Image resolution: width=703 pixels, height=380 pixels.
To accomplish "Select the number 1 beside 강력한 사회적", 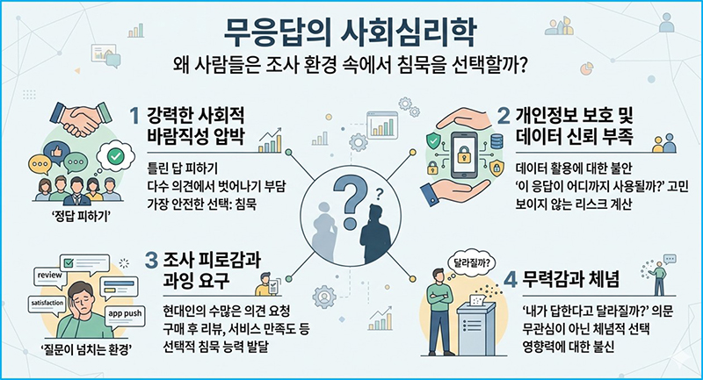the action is click(134, 117).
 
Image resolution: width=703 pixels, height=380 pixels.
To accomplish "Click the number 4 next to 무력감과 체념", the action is click(511, 280).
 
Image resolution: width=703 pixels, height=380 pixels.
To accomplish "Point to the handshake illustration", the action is click(81, 118).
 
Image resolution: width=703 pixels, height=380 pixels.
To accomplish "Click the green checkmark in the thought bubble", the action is click(116, 156).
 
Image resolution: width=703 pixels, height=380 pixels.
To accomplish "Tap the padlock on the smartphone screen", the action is click(462, 154).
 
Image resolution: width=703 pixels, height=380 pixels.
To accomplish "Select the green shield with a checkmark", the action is click(432, 140).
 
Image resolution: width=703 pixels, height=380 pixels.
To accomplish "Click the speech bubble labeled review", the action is click(50, 277).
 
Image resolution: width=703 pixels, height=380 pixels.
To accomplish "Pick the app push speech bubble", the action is click(125, 315).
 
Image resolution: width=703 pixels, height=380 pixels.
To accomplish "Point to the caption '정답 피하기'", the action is click(82, 218).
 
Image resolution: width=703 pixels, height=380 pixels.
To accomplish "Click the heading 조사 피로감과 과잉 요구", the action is click(203, 270).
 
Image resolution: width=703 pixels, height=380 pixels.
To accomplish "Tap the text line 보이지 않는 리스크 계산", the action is click(574, 204).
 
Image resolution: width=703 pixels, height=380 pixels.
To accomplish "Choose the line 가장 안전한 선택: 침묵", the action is click(202, 204).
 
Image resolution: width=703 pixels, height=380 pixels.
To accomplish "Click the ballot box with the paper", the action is click(475, 325).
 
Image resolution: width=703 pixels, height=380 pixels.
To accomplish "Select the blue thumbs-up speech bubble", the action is click(58, 152).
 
